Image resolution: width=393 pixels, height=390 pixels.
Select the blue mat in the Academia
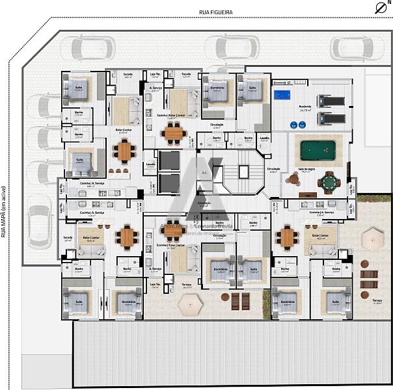(x=282, y=96)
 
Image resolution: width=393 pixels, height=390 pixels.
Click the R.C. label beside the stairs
(x=203, y=173)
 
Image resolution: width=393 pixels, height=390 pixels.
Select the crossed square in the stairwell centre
(x=242, y=172)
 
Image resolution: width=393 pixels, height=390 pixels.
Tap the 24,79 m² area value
(x=305, y=111)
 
